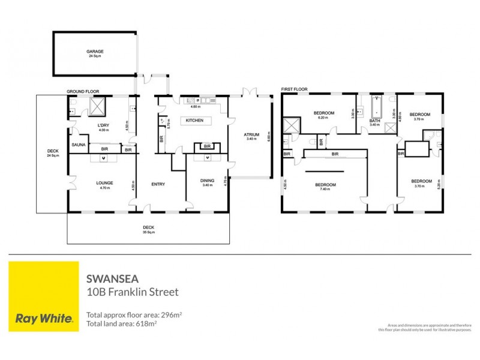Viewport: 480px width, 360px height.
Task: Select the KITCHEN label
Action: pos(194,121)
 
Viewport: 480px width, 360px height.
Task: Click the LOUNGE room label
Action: pos(105,182)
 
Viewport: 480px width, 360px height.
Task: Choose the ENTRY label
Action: pos(158,184)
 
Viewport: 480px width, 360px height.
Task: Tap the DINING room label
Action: pos(207,179)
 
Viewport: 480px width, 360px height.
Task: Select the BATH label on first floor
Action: pos(375,121)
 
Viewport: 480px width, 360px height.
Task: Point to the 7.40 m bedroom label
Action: pos(326,185)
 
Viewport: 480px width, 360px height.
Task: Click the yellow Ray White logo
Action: pos(44,296)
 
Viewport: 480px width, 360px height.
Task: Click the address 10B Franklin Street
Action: pos(133,293)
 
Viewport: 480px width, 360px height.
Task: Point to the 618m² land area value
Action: pos(147,323)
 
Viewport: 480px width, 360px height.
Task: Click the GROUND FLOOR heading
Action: pos(83,91)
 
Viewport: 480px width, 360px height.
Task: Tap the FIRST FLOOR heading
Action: pos(294,89)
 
